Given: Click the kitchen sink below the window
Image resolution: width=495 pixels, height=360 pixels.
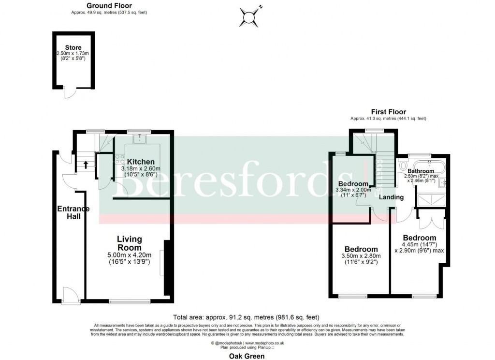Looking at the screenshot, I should (142, 139).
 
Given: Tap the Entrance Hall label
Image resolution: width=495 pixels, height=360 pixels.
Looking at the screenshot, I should (73, 212).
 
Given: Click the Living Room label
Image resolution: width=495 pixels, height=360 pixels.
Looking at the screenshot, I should (129, 243).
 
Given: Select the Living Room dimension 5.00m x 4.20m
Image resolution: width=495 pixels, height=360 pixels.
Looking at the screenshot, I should (129, 255).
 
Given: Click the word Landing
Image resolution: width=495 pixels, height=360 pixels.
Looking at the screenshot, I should (391, 197).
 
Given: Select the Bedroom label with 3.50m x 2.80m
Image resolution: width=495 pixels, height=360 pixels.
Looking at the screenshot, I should (360, 249).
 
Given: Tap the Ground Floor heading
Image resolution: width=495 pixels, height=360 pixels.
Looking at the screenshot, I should (102, 6).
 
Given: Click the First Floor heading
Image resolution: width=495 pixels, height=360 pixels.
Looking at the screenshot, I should (388, 112).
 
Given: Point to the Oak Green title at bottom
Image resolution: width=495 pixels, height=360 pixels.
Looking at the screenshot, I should (247, 356).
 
